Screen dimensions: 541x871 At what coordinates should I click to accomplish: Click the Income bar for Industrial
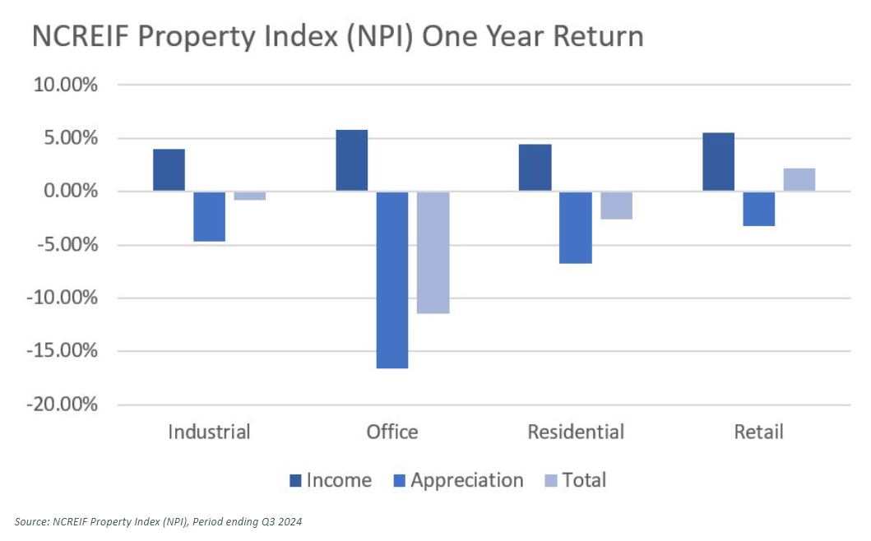[x=169, y=170]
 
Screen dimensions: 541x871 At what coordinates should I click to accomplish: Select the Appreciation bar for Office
[x=391, y=280]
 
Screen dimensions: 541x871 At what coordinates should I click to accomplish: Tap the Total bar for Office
[x=433, y=252]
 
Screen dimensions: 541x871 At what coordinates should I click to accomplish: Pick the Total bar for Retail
[x=799, y=180]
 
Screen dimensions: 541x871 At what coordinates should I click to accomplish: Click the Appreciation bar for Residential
[x=575, y=228]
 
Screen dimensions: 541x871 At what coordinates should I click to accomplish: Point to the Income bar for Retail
[x=718, y=162]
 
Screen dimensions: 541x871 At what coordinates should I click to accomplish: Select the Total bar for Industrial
[x=249, y=196]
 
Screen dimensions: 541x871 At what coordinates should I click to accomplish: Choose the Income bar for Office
[x=352, y=160]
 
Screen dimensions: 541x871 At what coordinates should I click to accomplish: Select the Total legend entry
[x=576, y=480]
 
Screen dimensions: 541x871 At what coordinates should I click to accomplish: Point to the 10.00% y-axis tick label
[x=65, y=85]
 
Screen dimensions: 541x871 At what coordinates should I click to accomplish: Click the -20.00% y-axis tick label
[x=62, y=405]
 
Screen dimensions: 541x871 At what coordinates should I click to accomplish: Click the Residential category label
[x=575, y=432]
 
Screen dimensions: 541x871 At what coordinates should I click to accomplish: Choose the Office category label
[x=392, y=432]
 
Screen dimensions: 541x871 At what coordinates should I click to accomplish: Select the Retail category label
[x=758, y=432]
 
